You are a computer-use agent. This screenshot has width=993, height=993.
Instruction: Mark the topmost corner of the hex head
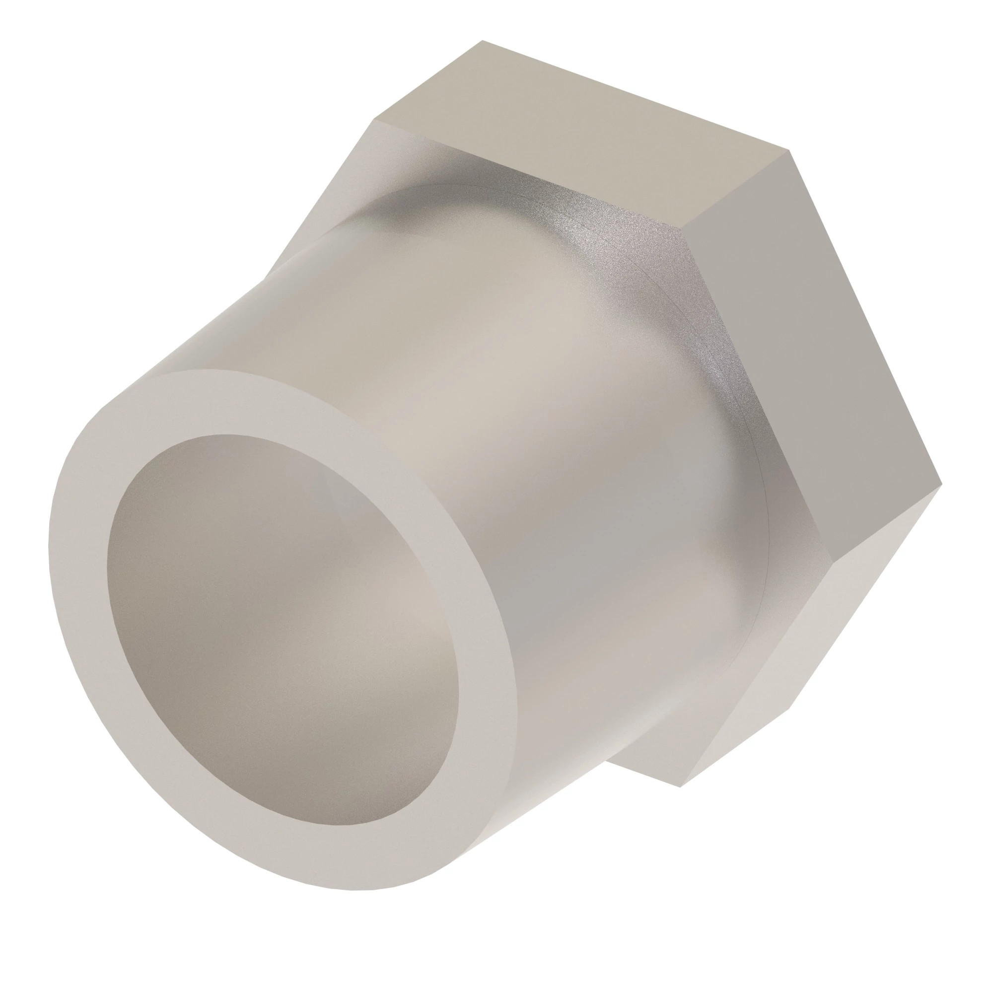(x=482, y=41)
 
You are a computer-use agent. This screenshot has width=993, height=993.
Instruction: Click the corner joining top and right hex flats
(x=789, y=150)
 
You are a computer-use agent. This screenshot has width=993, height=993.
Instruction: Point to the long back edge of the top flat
(x=638, y=95)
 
